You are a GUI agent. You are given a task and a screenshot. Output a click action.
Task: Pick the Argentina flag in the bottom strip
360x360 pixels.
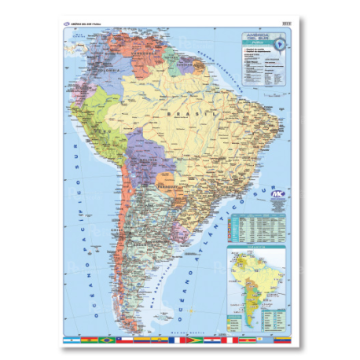[x=70, y=340]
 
